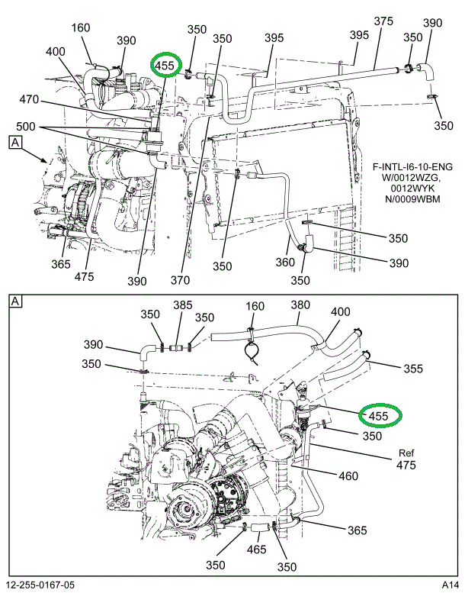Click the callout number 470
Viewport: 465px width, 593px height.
pyautogui.click(x=29, y=100)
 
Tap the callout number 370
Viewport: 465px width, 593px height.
pyautogui.click(x=180, y=280)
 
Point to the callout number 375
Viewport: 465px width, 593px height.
pyautogui.click(x=383, y=21)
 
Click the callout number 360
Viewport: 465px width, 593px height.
pyautogui.click(x=284, y=262)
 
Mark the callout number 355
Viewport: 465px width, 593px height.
pyautogui.click(x=412, y=369)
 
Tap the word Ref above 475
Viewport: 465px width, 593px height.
pyautogui.click(x=405, y=451)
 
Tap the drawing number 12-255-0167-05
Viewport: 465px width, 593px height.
pyautogui.click(x=43, y=585)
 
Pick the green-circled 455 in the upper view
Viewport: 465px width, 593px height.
pyautogui.click(x=165, y=66)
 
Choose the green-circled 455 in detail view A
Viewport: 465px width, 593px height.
pyautogui.click(x=379, y=416)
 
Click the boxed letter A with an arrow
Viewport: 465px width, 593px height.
pyautogui.click(x=14, y=141)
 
